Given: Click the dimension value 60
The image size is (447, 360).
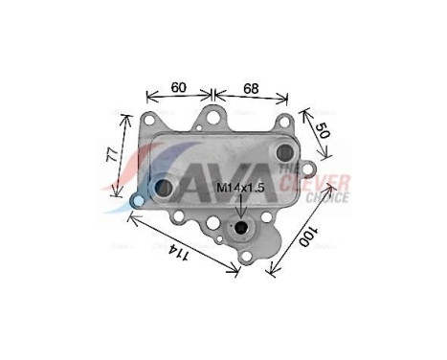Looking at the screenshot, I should [x=178, y=87].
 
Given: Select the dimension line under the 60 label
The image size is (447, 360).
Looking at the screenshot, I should [x=178, y=96].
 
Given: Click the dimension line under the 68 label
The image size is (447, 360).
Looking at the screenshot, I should [x=252, y=96].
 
